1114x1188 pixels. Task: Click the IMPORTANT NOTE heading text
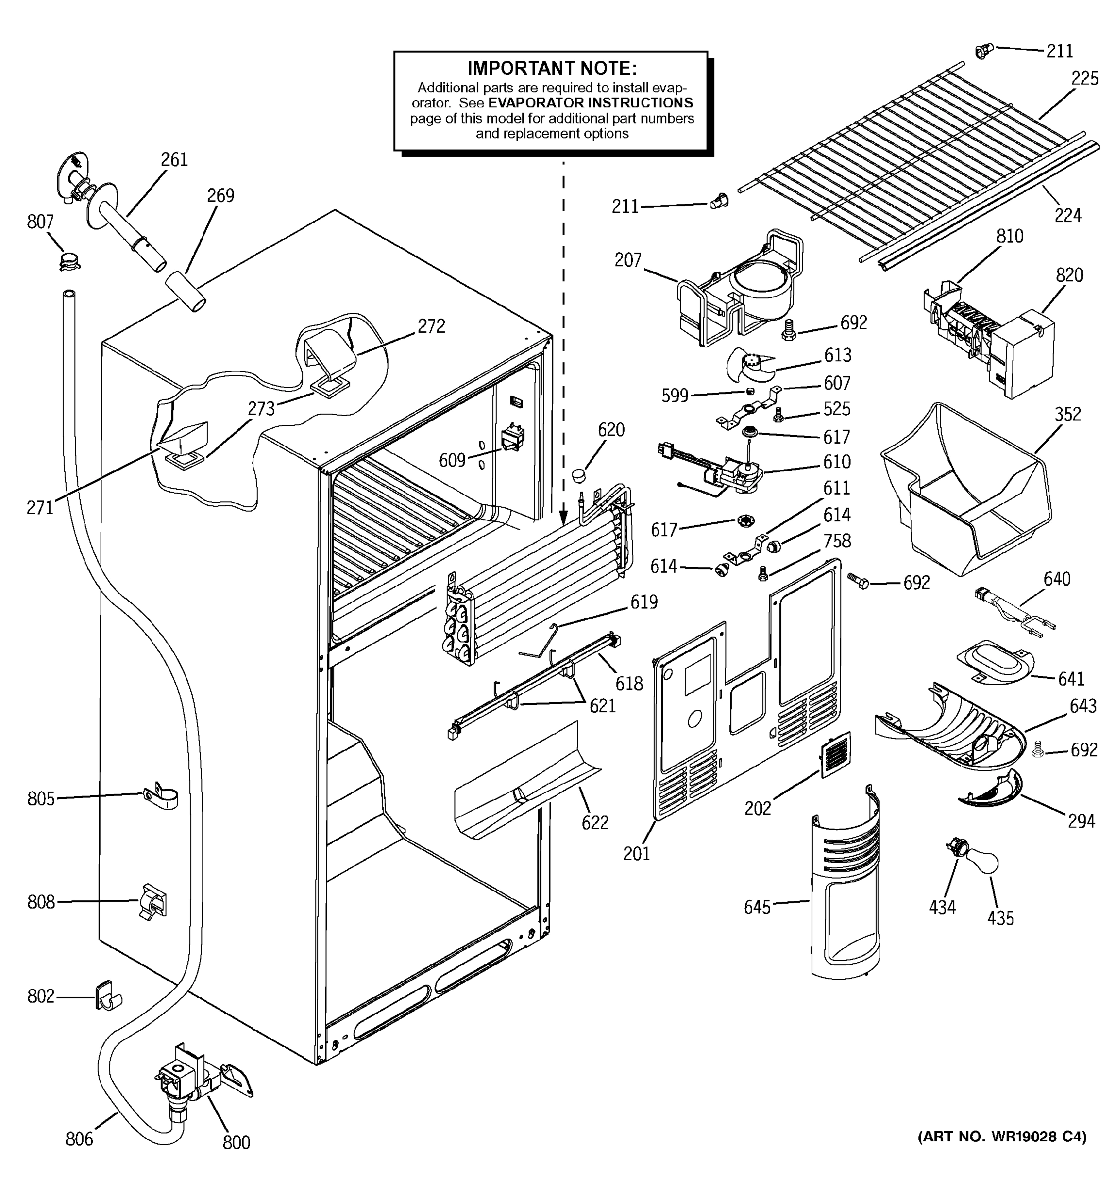tap(552, 68)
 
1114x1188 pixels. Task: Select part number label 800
tap(236, 1142)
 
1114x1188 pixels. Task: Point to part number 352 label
tap(1067, 414)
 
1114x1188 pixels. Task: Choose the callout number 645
tap(757, 907)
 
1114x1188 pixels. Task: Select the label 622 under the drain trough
tap(595, 823)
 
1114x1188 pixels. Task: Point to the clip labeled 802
tap(107, 995)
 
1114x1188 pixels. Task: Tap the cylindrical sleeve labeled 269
tap(185, 291)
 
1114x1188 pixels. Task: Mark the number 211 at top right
tap(1060, 51)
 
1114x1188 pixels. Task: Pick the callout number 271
tap(40, 508)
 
